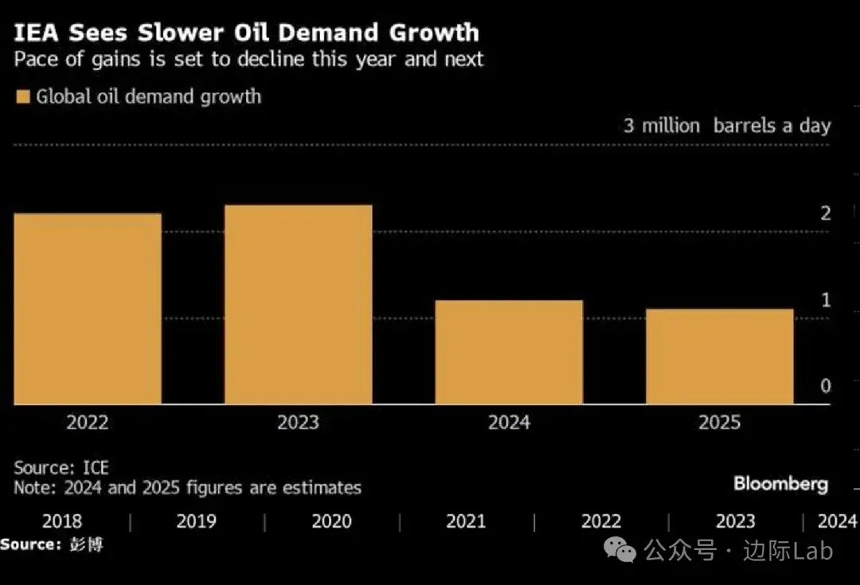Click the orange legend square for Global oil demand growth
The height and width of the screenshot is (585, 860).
tap(22, 97)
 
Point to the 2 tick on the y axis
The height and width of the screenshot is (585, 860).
tap(826, 213)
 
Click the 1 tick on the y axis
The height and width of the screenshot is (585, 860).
tap(826, 300)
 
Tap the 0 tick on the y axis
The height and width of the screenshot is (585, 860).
tap(826, 386)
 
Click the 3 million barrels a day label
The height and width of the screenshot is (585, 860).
tap(726, 126)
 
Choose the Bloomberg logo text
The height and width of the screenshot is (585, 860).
tap(780, 483)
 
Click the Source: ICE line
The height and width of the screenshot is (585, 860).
tap(61, 467)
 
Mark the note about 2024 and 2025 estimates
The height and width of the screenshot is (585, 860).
tap(187, 487)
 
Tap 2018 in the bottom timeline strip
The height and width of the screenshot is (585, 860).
tap(61, 521)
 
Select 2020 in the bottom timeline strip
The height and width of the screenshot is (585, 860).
tap(331, 521)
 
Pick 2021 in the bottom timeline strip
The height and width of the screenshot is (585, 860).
tap(466, 521)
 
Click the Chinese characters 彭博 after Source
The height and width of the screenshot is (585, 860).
tap(85, 544)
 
